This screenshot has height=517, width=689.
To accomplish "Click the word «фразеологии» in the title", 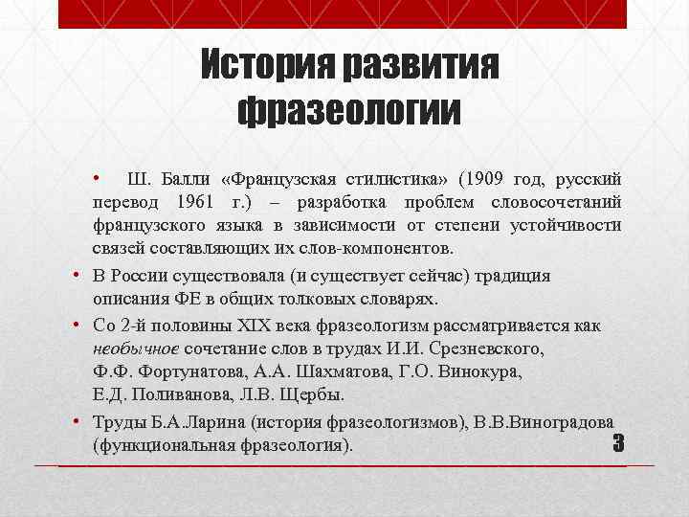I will [x=349, y=110].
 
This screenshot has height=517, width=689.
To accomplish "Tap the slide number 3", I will [x=617, y=444].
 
